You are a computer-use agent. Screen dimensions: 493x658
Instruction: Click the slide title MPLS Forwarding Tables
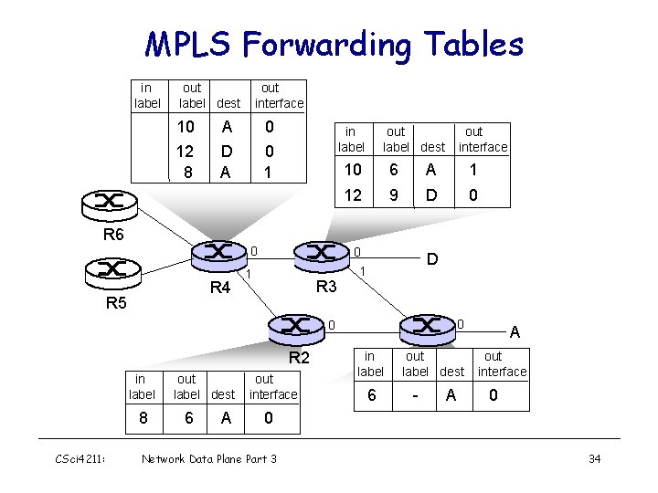334,44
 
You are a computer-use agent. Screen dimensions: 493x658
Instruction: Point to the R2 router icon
298,325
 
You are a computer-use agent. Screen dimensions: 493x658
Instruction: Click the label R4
220,288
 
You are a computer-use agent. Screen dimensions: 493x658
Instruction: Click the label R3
326,287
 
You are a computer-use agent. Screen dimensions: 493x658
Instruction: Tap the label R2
301,357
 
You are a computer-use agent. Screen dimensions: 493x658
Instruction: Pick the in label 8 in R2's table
141,418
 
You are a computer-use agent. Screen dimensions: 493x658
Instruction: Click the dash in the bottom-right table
414,394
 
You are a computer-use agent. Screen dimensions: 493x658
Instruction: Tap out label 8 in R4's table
187,172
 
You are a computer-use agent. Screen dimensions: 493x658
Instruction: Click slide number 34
594,458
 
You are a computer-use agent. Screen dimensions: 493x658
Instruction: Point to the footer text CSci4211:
81,458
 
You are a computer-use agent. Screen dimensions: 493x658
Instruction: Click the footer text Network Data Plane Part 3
209,458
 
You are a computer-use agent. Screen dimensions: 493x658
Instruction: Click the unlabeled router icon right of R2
428,325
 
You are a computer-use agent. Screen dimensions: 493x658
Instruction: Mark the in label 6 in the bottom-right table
370,394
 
